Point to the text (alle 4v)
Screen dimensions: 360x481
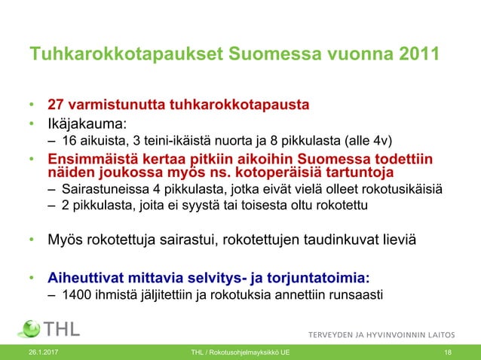(369, 140)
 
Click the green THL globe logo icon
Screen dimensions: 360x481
(29, 329)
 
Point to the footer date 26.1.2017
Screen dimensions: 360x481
(43, 352)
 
